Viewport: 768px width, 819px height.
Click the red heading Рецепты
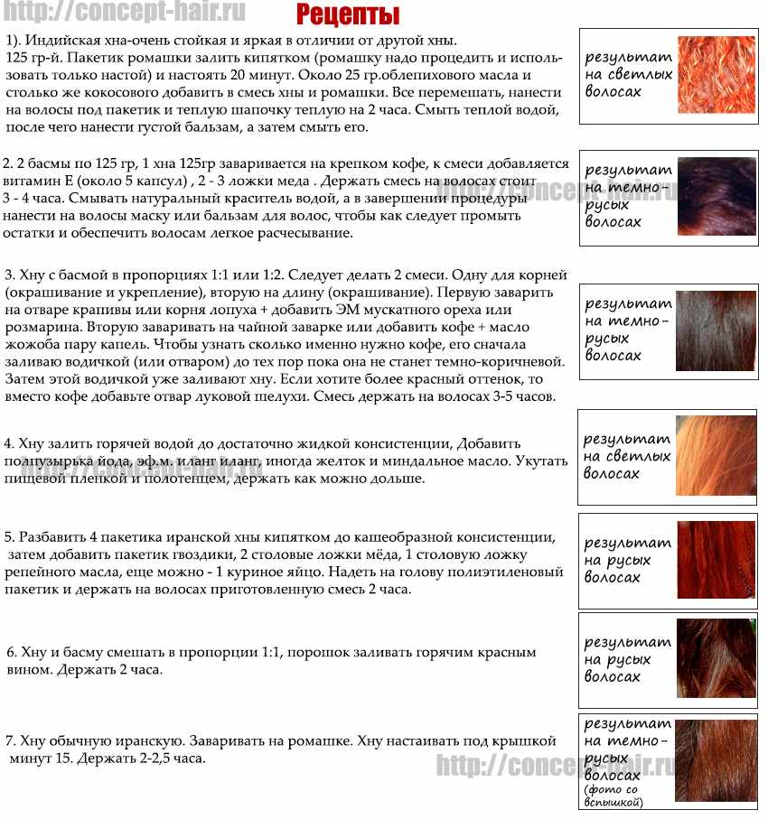[348, 14]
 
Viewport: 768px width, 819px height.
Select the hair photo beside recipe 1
[716, 75]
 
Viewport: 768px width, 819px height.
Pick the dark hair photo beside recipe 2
[716, 196]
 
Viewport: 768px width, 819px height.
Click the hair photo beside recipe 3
[716, 329]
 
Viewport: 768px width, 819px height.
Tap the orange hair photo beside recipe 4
[716, 456]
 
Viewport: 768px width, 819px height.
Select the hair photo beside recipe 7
[716, 760]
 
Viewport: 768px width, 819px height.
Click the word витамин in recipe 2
[30, 180]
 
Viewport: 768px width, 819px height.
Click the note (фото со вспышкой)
[613, 796]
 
